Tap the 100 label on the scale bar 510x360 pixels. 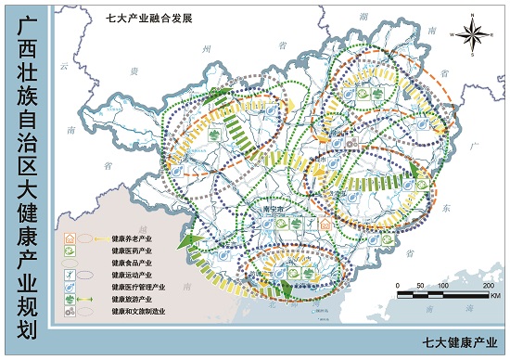tap(442, 286)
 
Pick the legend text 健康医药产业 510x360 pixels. tap(132, 251)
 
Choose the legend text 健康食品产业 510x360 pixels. tap(132, 264)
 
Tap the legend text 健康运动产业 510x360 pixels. tap(132, 276)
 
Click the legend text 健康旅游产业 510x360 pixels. tap(132, 300)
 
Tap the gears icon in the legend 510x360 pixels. tap(69, 313)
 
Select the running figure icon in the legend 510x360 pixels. tap(69, 276)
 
